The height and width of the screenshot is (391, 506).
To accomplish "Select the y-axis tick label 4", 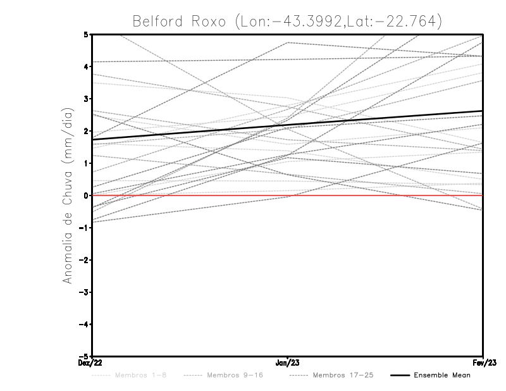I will pos(86,66).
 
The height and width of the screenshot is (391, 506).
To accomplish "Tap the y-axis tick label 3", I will pos(86,99).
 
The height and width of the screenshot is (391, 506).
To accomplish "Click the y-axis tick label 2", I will pos(86,131).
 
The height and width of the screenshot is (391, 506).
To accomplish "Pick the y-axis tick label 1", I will pos(86,163).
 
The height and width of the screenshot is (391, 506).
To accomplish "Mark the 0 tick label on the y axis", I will pos(86,195).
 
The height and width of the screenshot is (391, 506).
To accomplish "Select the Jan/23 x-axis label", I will pos(288,363).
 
